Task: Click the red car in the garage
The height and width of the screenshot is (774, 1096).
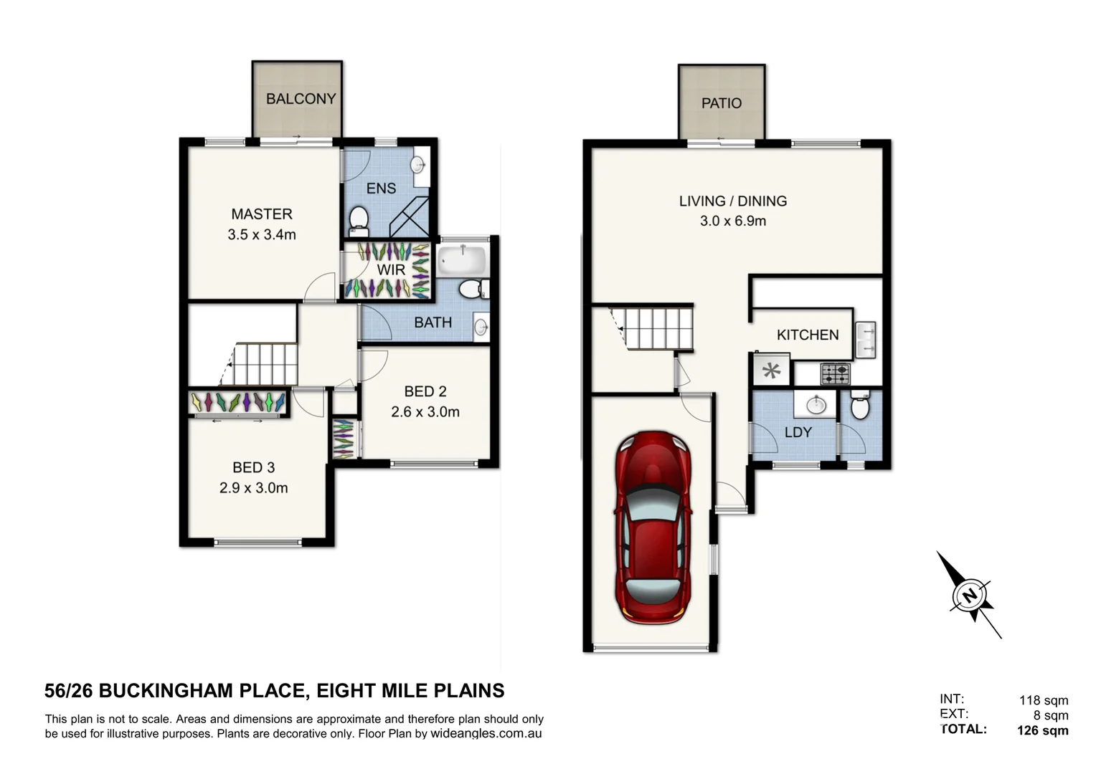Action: [x=653, y=527]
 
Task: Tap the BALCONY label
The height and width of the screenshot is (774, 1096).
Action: [x=301, y=99]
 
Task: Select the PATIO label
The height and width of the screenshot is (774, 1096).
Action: [x=721, y=103]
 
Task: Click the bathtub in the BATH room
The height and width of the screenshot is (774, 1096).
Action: [x=462, y=259]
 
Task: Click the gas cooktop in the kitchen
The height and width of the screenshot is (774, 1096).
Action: [x=835, y=373]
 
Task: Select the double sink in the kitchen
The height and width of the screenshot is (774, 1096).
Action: [x=866, y=340]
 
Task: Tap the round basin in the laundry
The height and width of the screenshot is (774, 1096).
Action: [x=816, y=406]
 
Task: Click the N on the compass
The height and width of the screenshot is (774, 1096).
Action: [x=969, y=596]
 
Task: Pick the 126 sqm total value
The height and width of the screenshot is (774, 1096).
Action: [x=1042, y=731]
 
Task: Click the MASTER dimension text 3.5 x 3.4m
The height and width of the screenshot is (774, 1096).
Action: [x=262, y=234]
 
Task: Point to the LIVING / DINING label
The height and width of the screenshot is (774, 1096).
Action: [x=732, y=201]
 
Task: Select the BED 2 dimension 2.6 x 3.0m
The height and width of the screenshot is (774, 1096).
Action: [x=425, y=412]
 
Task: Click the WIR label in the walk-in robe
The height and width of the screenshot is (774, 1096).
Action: [x=391, y=270]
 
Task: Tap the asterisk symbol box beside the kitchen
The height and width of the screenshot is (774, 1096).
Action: [x=771, y=371]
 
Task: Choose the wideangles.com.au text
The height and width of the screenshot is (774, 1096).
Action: [x=486, y=734]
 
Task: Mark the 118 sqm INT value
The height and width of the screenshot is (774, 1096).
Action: [x=1044, y=700]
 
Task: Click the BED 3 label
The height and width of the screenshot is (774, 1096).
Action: [x=253, y=467]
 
